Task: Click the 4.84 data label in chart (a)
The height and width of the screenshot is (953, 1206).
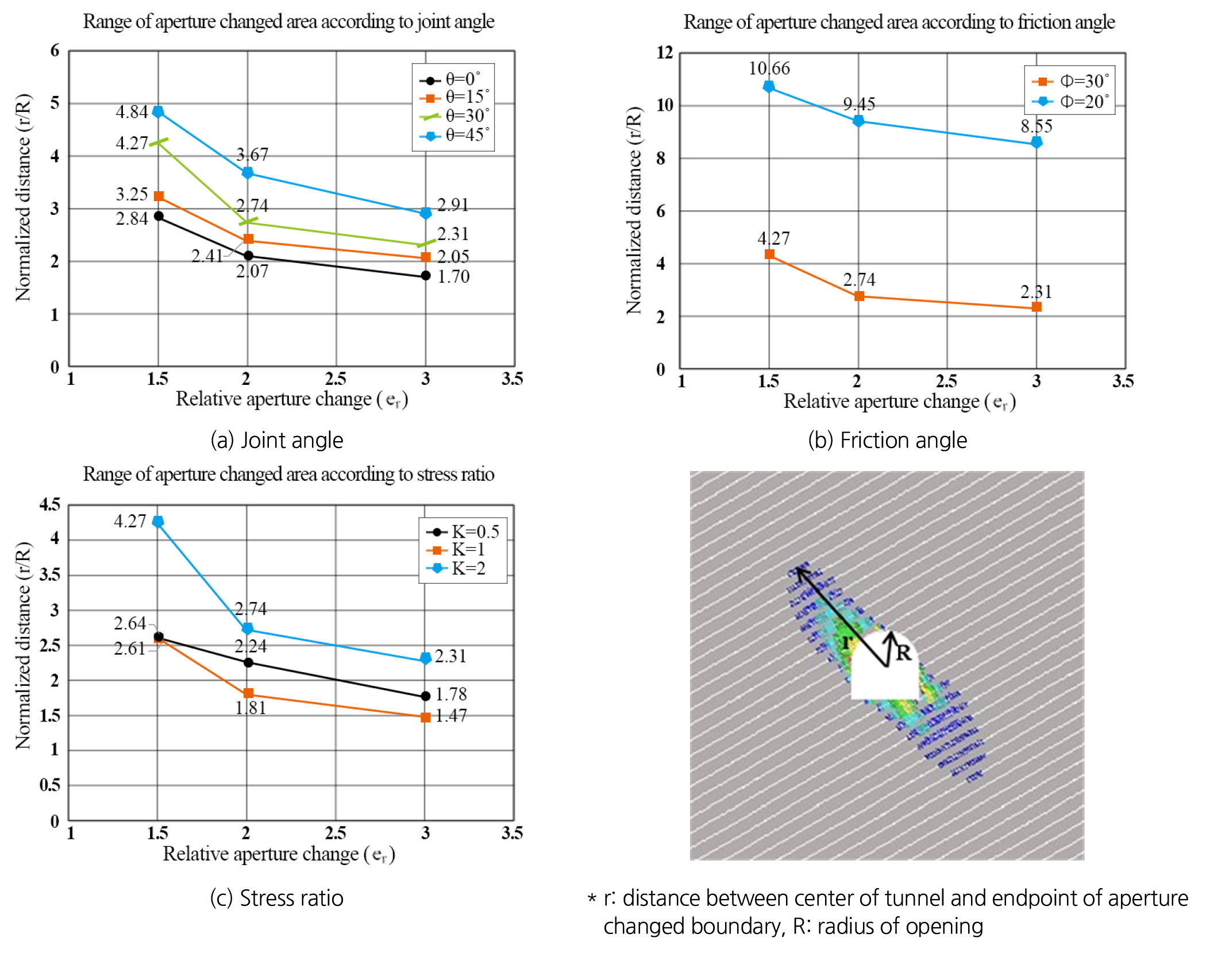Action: point(132,111)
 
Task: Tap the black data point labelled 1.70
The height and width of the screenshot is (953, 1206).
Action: point(426,276)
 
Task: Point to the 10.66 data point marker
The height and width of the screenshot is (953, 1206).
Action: point(769,87)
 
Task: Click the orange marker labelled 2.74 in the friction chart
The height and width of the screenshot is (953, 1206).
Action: point(859,296)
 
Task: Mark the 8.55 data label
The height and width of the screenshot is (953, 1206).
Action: point(1036,126)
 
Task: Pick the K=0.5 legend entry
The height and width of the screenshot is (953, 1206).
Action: point(463,531)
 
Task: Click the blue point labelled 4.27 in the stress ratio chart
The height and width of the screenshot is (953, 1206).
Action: point(158,522)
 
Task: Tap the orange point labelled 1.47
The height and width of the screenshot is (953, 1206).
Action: point(426,717)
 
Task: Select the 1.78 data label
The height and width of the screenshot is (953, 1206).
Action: point(451,694)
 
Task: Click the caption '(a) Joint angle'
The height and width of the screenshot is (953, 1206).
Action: point(276,440)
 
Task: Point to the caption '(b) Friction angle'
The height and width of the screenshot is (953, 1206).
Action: point(887,440)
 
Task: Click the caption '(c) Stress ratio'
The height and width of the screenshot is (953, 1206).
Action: point(276,898)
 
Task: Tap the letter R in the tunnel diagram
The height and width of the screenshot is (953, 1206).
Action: point(903,653)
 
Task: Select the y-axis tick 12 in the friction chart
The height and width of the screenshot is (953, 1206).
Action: point(665,52)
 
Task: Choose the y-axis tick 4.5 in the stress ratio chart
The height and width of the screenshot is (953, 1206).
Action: point(50,505)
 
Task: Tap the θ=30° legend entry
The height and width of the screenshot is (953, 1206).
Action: point(455,115)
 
